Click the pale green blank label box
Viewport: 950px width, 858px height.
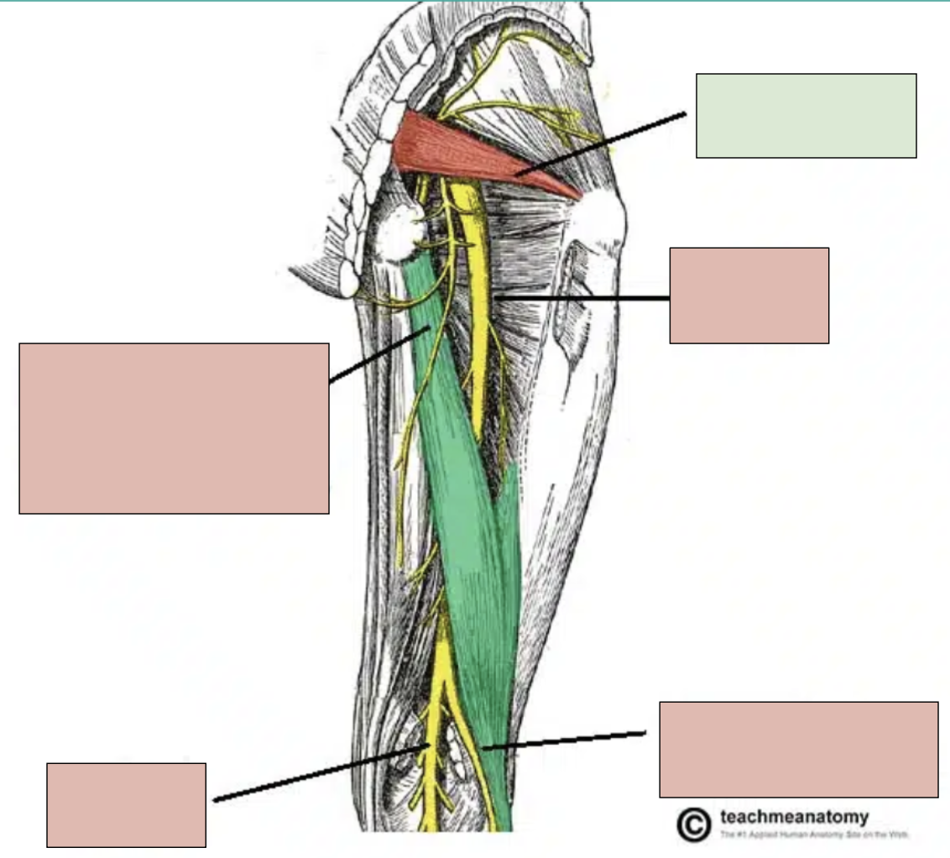point(806,115)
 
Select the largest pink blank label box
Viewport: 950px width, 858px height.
point(174,427)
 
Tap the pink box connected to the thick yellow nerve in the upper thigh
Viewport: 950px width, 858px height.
point(749,295)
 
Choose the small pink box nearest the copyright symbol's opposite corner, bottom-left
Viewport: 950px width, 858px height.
point(126,804)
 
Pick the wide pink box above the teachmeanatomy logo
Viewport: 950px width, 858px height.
point(798,749)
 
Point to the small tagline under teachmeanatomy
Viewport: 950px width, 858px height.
point(803,835)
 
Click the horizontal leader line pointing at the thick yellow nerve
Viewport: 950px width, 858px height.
point(583,298)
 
